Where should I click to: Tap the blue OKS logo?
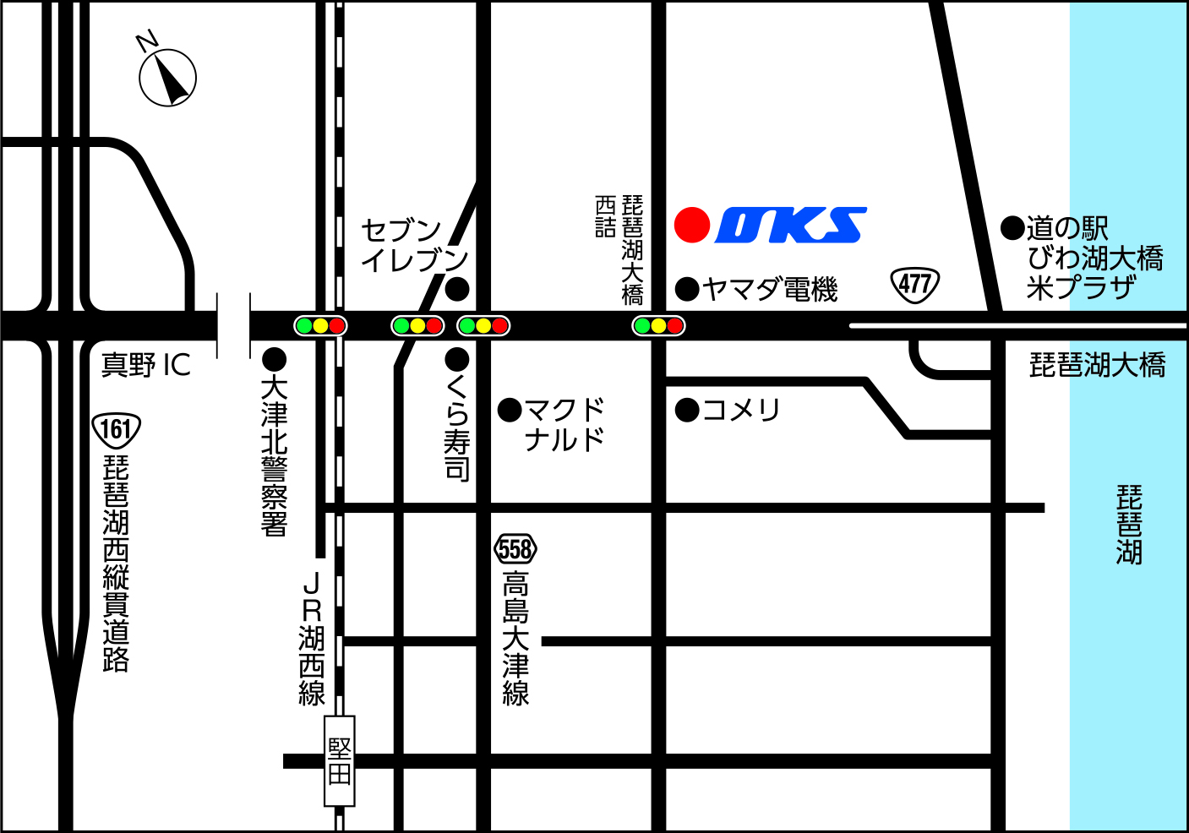(791, 226)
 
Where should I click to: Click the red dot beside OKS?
(692, 226)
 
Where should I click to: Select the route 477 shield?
(915, 285)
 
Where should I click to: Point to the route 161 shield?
(116, 430)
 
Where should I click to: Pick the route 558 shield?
(515, 550)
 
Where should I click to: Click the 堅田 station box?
(340, 760)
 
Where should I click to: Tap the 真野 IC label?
(146, 365)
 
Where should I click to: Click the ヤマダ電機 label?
(769, 290)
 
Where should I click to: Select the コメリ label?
(741, 411)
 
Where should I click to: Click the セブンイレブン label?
(414, 245)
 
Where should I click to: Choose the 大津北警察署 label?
(274, 456)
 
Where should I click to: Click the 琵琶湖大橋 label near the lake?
(1097, 365)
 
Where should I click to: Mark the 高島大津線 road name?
(515, 638)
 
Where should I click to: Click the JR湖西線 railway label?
(312, 639)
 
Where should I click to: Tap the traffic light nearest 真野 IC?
(320, 325)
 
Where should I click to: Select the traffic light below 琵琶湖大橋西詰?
(658, 325)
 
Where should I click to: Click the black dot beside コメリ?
(687, 411)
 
